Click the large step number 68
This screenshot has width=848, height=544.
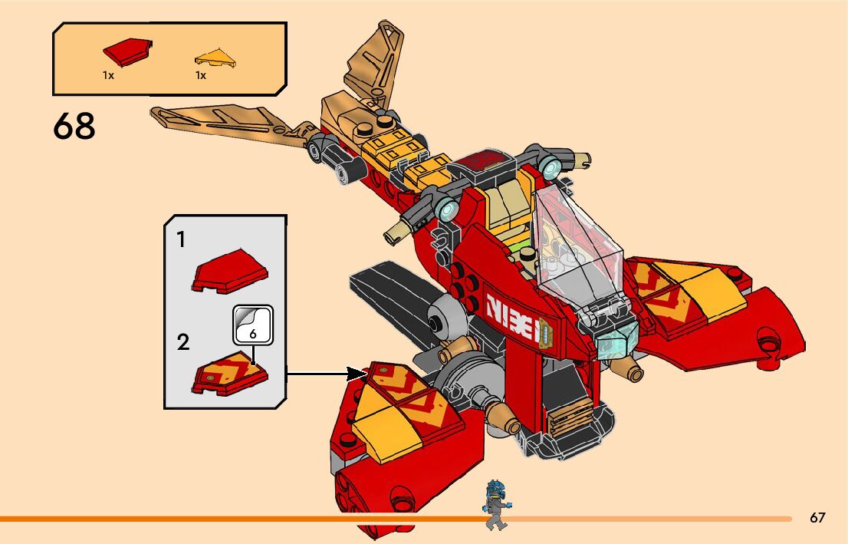[74, 126]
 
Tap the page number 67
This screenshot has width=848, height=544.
[817, 518]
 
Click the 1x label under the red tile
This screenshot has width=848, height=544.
[108, 75]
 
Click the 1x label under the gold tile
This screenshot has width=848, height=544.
[200, 75]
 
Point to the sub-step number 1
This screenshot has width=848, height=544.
[181, 240]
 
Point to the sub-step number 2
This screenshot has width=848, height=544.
[182, 341]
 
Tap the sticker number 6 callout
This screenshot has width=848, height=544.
[253, 325]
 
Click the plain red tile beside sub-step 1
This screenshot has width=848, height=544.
[231, 271]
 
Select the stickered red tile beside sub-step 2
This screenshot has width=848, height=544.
[230, 373]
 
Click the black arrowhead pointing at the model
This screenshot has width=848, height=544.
[356, 374]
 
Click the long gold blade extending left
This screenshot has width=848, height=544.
[222, 121]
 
